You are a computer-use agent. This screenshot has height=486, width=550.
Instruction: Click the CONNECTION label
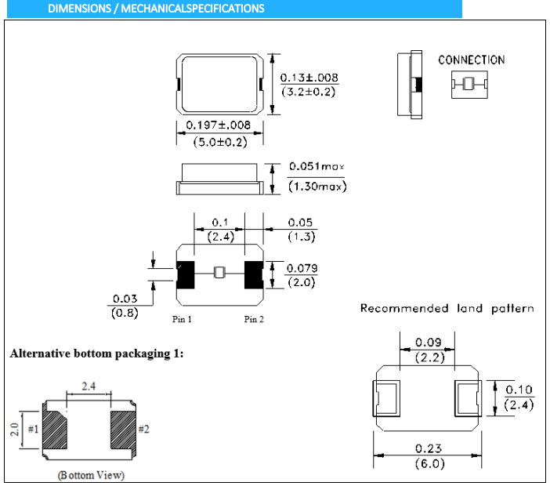click(471, 60)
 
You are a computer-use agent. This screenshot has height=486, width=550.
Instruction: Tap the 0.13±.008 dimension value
click(309, 77)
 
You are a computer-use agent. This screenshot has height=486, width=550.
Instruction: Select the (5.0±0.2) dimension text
click(219, 141)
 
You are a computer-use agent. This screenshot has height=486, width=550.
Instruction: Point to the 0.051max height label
click(317, 166)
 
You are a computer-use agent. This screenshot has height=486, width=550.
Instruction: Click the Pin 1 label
click(183, 319)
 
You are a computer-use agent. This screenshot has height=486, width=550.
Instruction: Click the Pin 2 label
click(254, 319)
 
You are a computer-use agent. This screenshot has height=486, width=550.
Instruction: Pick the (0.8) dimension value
click(125, 314)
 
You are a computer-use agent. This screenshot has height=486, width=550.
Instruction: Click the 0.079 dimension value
click(302, 268)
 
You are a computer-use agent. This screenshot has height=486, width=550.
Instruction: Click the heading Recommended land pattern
click(447, 308)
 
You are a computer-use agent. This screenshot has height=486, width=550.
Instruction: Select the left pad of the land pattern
click(388, 398)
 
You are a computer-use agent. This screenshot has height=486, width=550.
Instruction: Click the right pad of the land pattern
click(468, 398)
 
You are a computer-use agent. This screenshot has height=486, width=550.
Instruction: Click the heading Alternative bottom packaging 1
click(97, 354)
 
